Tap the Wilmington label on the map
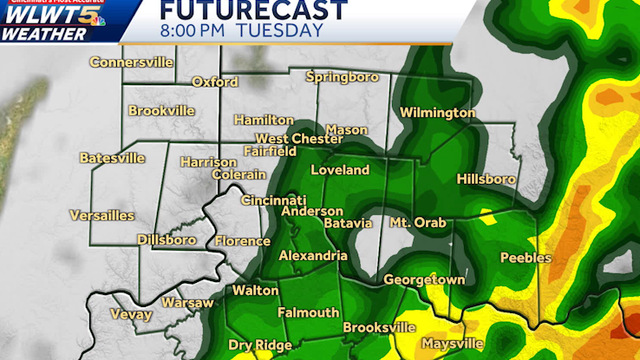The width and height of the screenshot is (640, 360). (437, 113)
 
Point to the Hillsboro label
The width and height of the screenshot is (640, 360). (486, 180)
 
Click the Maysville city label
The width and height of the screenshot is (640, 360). (453, 344)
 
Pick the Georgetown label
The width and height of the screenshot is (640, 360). (424, 280)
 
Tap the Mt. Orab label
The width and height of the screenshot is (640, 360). (417, 223)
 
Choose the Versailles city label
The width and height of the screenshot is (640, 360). (102, 215)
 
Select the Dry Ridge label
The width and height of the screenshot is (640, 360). (259, 345)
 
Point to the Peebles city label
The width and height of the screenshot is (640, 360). (526, 258)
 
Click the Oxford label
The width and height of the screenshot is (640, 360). (215, 82)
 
